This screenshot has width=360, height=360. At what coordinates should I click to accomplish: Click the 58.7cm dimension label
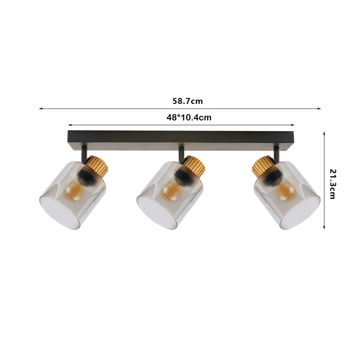coord(187,101)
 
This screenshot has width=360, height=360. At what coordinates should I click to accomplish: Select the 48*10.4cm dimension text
coord(189,117)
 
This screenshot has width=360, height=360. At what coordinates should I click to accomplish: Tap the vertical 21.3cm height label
coord(332,184)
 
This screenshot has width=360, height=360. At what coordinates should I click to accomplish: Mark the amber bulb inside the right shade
coord(286,191)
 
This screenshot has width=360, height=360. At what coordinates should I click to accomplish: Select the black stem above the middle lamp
coord(181,153)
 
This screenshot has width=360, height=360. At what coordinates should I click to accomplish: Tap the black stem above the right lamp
coord(277,153)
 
